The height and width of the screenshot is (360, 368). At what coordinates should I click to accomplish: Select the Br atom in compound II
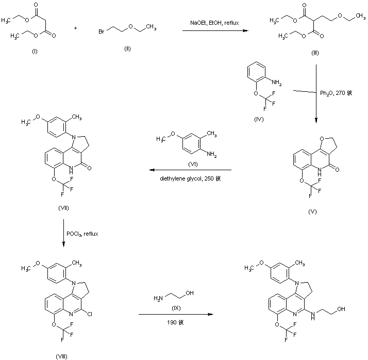click(x=103, y=32)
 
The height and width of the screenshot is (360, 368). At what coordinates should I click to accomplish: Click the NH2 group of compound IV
click(x=276, y=81)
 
